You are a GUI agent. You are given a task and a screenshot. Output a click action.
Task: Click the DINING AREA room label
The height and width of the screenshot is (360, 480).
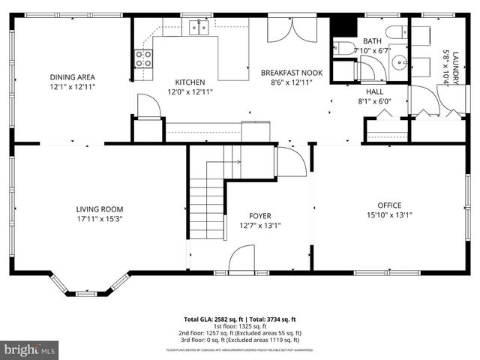click(72, 76)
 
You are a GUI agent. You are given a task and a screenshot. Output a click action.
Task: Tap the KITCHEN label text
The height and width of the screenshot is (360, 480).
click(189, 82)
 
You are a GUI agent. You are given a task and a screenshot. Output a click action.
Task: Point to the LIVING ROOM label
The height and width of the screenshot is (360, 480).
click(99, 209)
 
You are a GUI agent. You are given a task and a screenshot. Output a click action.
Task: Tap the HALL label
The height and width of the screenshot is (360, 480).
click(374, 90)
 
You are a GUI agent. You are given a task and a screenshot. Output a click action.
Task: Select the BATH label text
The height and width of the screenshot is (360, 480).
click(372, 40)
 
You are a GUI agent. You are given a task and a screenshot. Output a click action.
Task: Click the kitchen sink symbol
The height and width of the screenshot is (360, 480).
click(199, 28)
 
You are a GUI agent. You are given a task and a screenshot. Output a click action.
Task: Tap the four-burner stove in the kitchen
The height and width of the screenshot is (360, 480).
click(143, 58)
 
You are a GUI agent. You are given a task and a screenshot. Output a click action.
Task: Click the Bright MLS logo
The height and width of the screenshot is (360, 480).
click(30, 349)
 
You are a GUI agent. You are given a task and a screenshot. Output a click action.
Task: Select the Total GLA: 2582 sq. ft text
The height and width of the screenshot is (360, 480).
click(211, 319)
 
